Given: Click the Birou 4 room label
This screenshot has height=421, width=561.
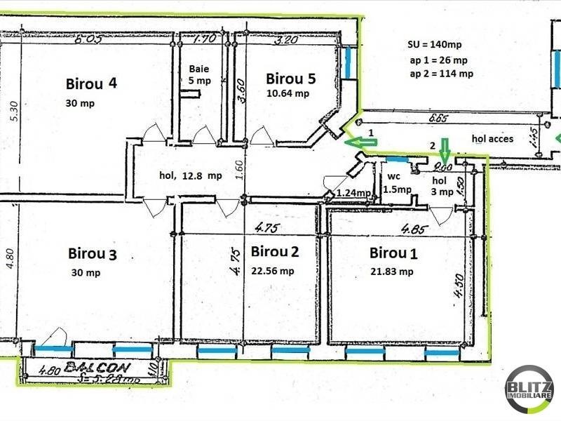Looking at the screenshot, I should coord(91,85).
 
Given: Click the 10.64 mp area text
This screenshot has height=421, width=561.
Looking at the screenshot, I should coord(288,93).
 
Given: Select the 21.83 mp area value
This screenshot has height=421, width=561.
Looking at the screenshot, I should coord(391,271).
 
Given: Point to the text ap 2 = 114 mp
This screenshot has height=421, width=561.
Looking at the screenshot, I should coord(441,73).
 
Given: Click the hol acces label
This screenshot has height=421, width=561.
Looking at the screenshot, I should coord(493,139).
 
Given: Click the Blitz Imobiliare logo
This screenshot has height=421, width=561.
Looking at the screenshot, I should coord(529,388).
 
